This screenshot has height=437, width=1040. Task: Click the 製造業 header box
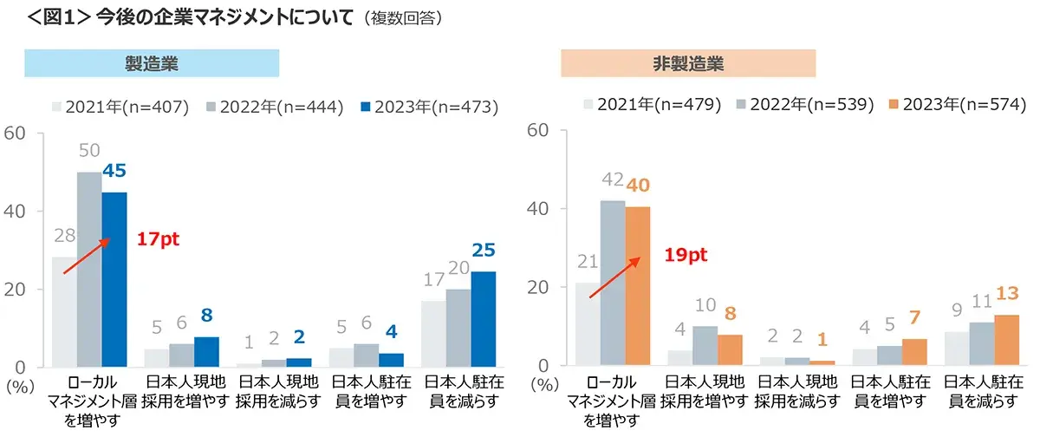click(152, 63)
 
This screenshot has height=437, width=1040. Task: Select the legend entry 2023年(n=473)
click(428, 108)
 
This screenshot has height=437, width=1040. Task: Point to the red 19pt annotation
click(685, 255)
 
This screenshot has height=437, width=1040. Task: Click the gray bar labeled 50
click(89, 269)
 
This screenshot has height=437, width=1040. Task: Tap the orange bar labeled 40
click(637, 286)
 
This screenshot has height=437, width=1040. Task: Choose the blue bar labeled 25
click(484, 318)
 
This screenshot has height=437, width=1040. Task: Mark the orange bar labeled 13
click(1007, 339)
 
